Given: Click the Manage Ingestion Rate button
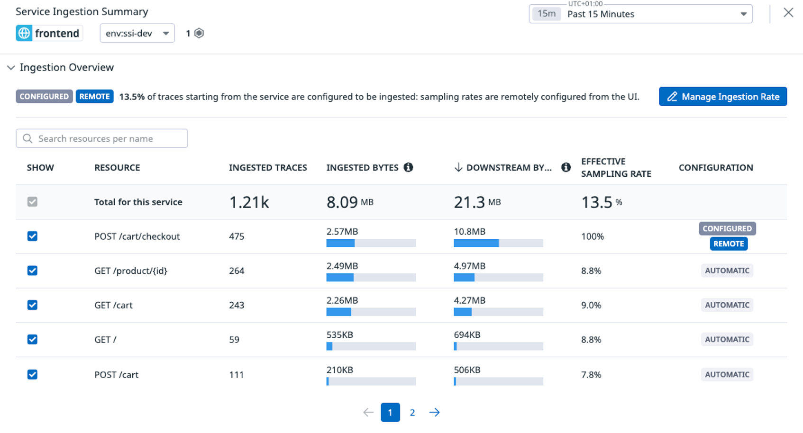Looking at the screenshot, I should pos(722,97).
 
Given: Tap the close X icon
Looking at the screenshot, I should pos(788,13).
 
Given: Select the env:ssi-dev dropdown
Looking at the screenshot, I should pos(137,33).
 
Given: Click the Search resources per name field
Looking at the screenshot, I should pos(102,138).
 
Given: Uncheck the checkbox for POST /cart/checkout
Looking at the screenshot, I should pos(32,236).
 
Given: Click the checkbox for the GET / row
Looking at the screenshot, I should pos(32,340).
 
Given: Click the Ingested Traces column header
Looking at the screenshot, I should pos(268,168).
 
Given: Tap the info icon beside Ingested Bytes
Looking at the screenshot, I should pos(408,167).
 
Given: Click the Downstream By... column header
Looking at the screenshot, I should pos(508,168).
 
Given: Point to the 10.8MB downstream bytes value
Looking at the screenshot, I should pos(469,232).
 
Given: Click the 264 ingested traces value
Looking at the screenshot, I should pos(237,271).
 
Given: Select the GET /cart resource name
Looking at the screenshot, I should pos(113,306).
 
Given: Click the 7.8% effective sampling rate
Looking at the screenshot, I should pos(591,375).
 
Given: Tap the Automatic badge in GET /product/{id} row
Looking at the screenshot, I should pos(727,271).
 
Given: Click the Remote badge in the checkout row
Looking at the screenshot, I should pos(728,244).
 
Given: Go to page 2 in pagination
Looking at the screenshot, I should pos(412,413).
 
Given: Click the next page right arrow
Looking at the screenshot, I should pos(434,413).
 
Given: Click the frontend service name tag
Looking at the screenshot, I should pos(49,33).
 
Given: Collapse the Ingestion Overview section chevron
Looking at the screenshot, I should pos(11,68).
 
